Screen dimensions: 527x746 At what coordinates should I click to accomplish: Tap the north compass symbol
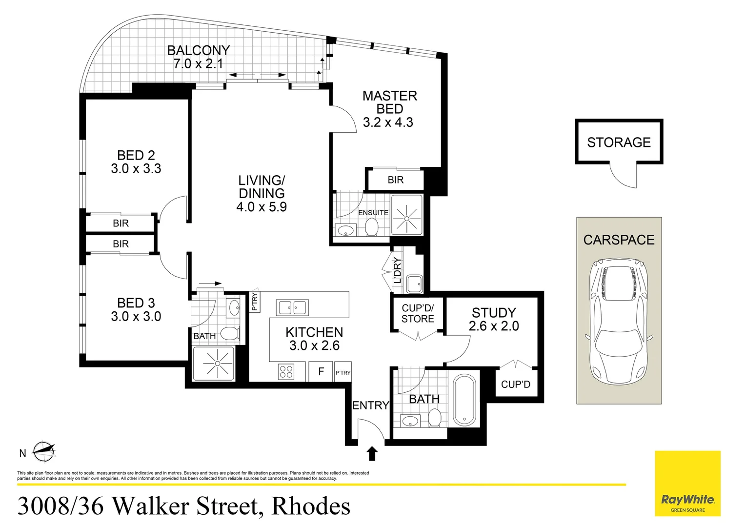tap(43, 451)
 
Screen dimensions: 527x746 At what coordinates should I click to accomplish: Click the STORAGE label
tap(619, 142)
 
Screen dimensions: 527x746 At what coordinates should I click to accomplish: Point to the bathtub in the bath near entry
tap(464, 400)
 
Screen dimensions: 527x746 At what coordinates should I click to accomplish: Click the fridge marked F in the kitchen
tap(321, 372)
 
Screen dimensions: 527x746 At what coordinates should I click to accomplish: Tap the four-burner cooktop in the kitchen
tap(286, 372)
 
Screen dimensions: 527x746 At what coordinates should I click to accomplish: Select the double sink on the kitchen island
tap(292, 307)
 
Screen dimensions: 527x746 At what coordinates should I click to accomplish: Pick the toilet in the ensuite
tap(372, 226)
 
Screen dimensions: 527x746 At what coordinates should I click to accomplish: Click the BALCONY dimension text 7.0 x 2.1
tap(198, 64)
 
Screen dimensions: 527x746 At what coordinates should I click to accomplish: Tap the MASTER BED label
tap(390, 102)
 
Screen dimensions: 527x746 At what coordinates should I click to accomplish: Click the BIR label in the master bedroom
tap(396, 180)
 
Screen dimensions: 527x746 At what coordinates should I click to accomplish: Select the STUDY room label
tap(494, 313)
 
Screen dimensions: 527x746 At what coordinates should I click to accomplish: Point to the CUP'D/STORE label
tap(418, 314)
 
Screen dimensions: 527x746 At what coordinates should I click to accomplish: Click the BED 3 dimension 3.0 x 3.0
tap(136, 317)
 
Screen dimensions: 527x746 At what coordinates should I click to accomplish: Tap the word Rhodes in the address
tap(311, 506)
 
